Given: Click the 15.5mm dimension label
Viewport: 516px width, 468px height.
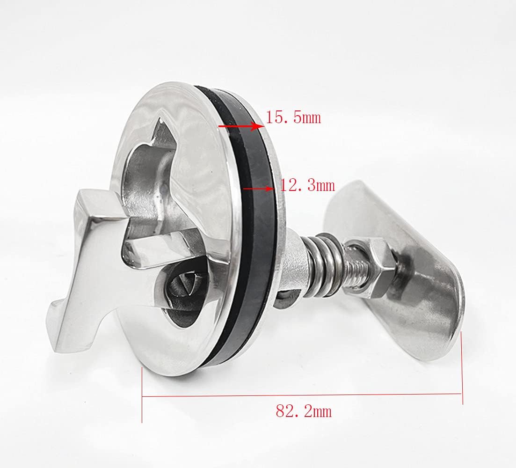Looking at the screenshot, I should pos(294,117).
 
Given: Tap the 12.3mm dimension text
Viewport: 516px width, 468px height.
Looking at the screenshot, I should pos(307,186).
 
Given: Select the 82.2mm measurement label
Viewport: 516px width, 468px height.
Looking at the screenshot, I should pos(304,411).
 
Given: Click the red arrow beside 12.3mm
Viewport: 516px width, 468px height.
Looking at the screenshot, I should pos(258,189).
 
